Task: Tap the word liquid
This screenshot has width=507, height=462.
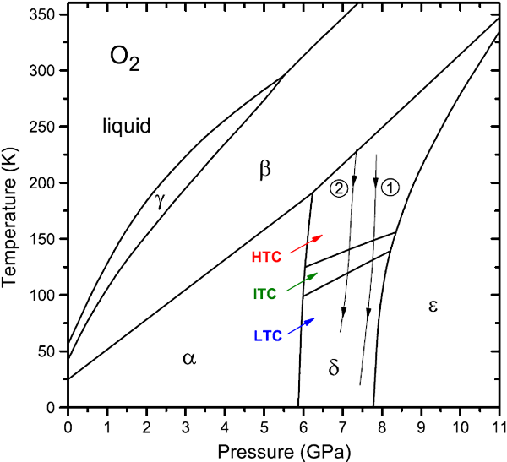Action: (x=126, y=127)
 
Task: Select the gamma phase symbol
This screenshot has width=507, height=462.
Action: (x=159, y=200)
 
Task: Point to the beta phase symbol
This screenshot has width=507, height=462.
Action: (x=264, y=171)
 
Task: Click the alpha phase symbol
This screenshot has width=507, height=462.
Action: (x=189, y=358)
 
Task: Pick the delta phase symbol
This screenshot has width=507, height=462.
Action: (x=334, y=367)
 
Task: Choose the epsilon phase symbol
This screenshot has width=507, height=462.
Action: (x=433, y=305)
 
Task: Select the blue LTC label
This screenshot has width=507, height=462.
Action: (x=267, y=335)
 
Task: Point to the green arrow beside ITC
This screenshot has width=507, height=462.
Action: (x=304, y=281)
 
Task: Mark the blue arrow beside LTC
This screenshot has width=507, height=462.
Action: (x=303, y=323)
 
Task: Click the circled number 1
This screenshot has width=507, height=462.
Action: (x=390, y=188)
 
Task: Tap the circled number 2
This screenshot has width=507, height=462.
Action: (x=338, y=188)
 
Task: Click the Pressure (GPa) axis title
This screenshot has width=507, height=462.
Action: (x=283, y=450)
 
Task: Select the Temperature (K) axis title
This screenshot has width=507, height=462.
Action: (x=11, y=210)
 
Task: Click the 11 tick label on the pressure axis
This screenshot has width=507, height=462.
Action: (x=499, y=423)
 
